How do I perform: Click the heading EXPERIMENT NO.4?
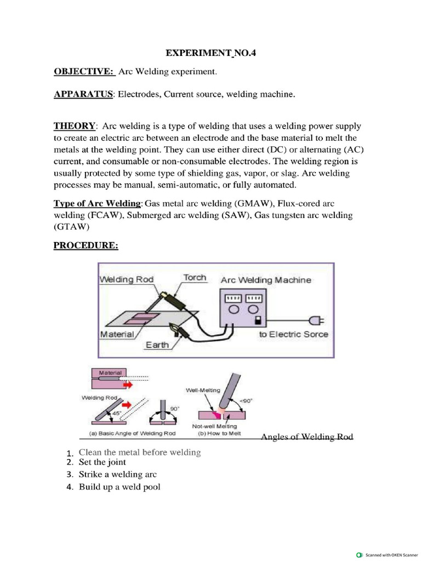(211, 53)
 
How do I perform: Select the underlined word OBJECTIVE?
(83, 72)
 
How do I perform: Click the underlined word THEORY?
(75, 126)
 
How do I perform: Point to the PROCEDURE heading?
(86, 245)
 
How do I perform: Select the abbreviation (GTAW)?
(70, 226)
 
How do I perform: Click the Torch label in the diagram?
(195, 277)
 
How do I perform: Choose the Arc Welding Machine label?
(266, 280)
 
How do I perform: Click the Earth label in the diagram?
(156, 345)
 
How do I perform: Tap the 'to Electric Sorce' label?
(293, 334)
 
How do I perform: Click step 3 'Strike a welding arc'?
(118, 474)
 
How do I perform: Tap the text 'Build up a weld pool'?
(120, 486)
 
